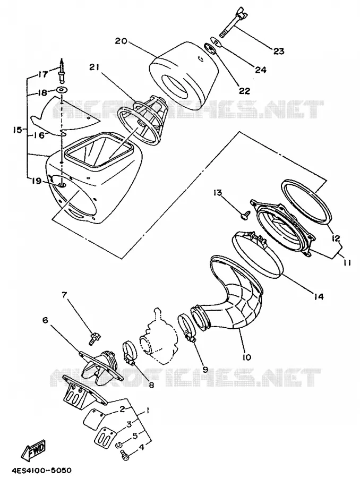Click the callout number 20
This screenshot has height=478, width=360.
click(x=121, y=41)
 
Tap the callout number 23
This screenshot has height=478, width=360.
click(x=278, y=51)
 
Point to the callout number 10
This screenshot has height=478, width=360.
click(x=247, y=357)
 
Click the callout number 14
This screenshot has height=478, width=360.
click(x=319, y=296)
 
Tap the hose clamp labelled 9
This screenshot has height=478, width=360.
click(x=186, y=328)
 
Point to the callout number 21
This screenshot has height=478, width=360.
click(x=95, y=67)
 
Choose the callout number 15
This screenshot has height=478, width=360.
click(x=18, y=130)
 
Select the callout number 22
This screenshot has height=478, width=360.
click(x=244, y=91)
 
